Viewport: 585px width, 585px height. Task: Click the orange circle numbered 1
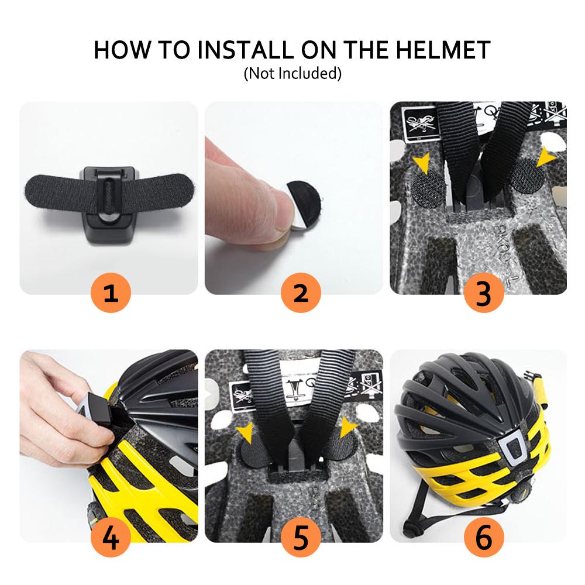pyautogui.click(x=111, y=292)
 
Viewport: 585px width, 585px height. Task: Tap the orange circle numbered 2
pyautogui.click(x=301, y=292)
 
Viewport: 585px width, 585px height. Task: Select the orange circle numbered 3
pyautogui.click(x=484, y=292)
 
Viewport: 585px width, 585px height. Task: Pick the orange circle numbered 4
pyautogui.click(x=111, y=537)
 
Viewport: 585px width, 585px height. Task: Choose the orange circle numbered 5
pyautogui.click(x=301, y=537)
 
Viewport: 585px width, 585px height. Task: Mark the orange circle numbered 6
pyautogui.click(x=484, y=537)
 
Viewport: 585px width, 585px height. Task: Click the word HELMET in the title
pyautogui.click(x=443, y=50)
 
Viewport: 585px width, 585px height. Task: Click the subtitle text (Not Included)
pyautogui.click(x=292, y=74)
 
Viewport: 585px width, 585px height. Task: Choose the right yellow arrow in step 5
pyautogui.click(x=347, y=427)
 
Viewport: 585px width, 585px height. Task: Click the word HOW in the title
pyautogui.click(x=121, y=50)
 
